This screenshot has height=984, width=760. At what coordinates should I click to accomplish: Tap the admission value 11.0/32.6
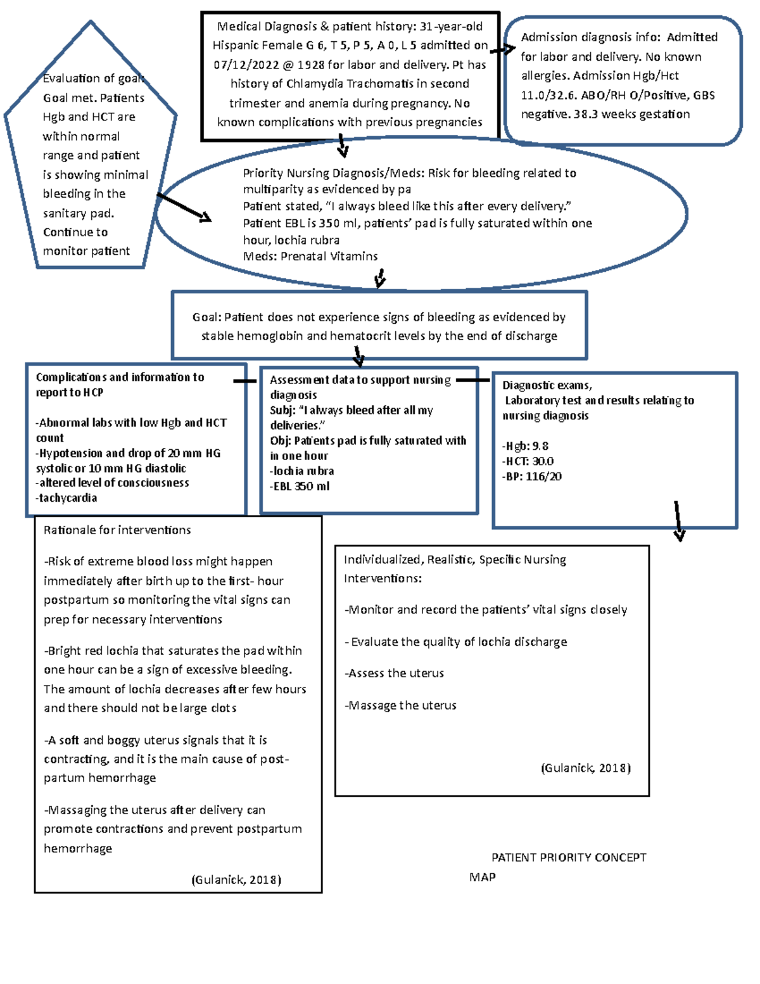pos(548,95)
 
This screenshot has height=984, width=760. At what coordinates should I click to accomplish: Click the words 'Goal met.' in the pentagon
pos(65,98)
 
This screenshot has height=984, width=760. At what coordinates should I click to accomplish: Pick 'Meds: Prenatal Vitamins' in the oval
pos(310,257)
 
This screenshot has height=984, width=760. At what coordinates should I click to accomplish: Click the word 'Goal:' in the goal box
pos(206,317)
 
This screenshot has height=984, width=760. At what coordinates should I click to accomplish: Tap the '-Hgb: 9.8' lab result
pos(525,446)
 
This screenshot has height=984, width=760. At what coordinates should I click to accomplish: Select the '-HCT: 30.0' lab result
pos(528,461)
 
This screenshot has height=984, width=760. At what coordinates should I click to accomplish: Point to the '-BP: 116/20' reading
pos(531,476)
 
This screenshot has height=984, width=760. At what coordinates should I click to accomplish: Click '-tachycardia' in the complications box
pos(66,498)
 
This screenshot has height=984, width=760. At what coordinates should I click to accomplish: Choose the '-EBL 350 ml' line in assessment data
pos(300,487)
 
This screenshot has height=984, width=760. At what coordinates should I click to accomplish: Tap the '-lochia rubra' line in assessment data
pos(302,471)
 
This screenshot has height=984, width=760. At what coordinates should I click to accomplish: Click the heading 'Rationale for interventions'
pos(117,530)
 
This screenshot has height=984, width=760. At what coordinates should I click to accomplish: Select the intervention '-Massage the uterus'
pos(400,706)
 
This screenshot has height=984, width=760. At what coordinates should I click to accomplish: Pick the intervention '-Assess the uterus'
pos(394,674)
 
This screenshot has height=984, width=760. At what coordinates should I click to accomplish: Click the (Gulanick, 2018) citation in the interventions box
pos(586,769)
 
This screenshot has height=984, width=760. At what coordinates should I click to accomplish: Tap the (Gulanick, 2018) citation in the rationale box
pos(236,880)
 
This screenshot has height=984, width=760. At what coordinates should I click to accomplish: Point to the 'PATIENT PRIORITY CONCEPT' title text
pos(569,858)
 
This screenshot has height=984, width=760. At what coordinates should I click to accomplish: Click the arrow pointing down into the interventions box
pos(678,521)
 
